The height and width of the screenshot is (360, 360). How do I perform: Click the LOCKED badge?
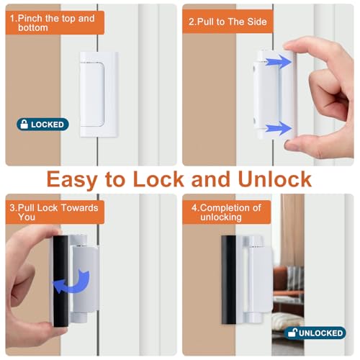[42, 125]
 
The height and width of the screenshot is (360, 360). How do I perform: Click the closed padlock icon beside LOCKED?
[24, 125]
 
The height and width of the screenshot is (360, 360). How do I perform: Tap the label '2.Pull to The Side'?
[228, 22]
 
